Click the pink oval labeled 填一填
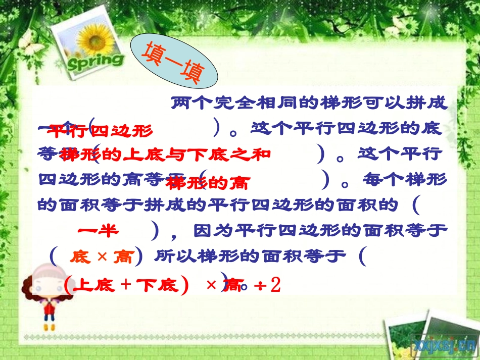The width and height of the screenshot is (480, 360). pyautogui.click(x=174, y=63)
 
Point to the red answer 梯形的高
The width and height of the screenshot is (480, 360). pyautogui.click(x=208, y=183)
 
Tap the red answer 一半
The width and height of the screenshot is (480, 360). pyautogui.click(x=98, y=231)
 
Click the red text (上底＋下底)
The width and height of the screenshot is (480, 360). pyautogui.click(x=126, y=286)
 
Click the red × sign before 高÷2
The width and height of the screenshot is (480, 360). pyautogui.click(x=212, y=285)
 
